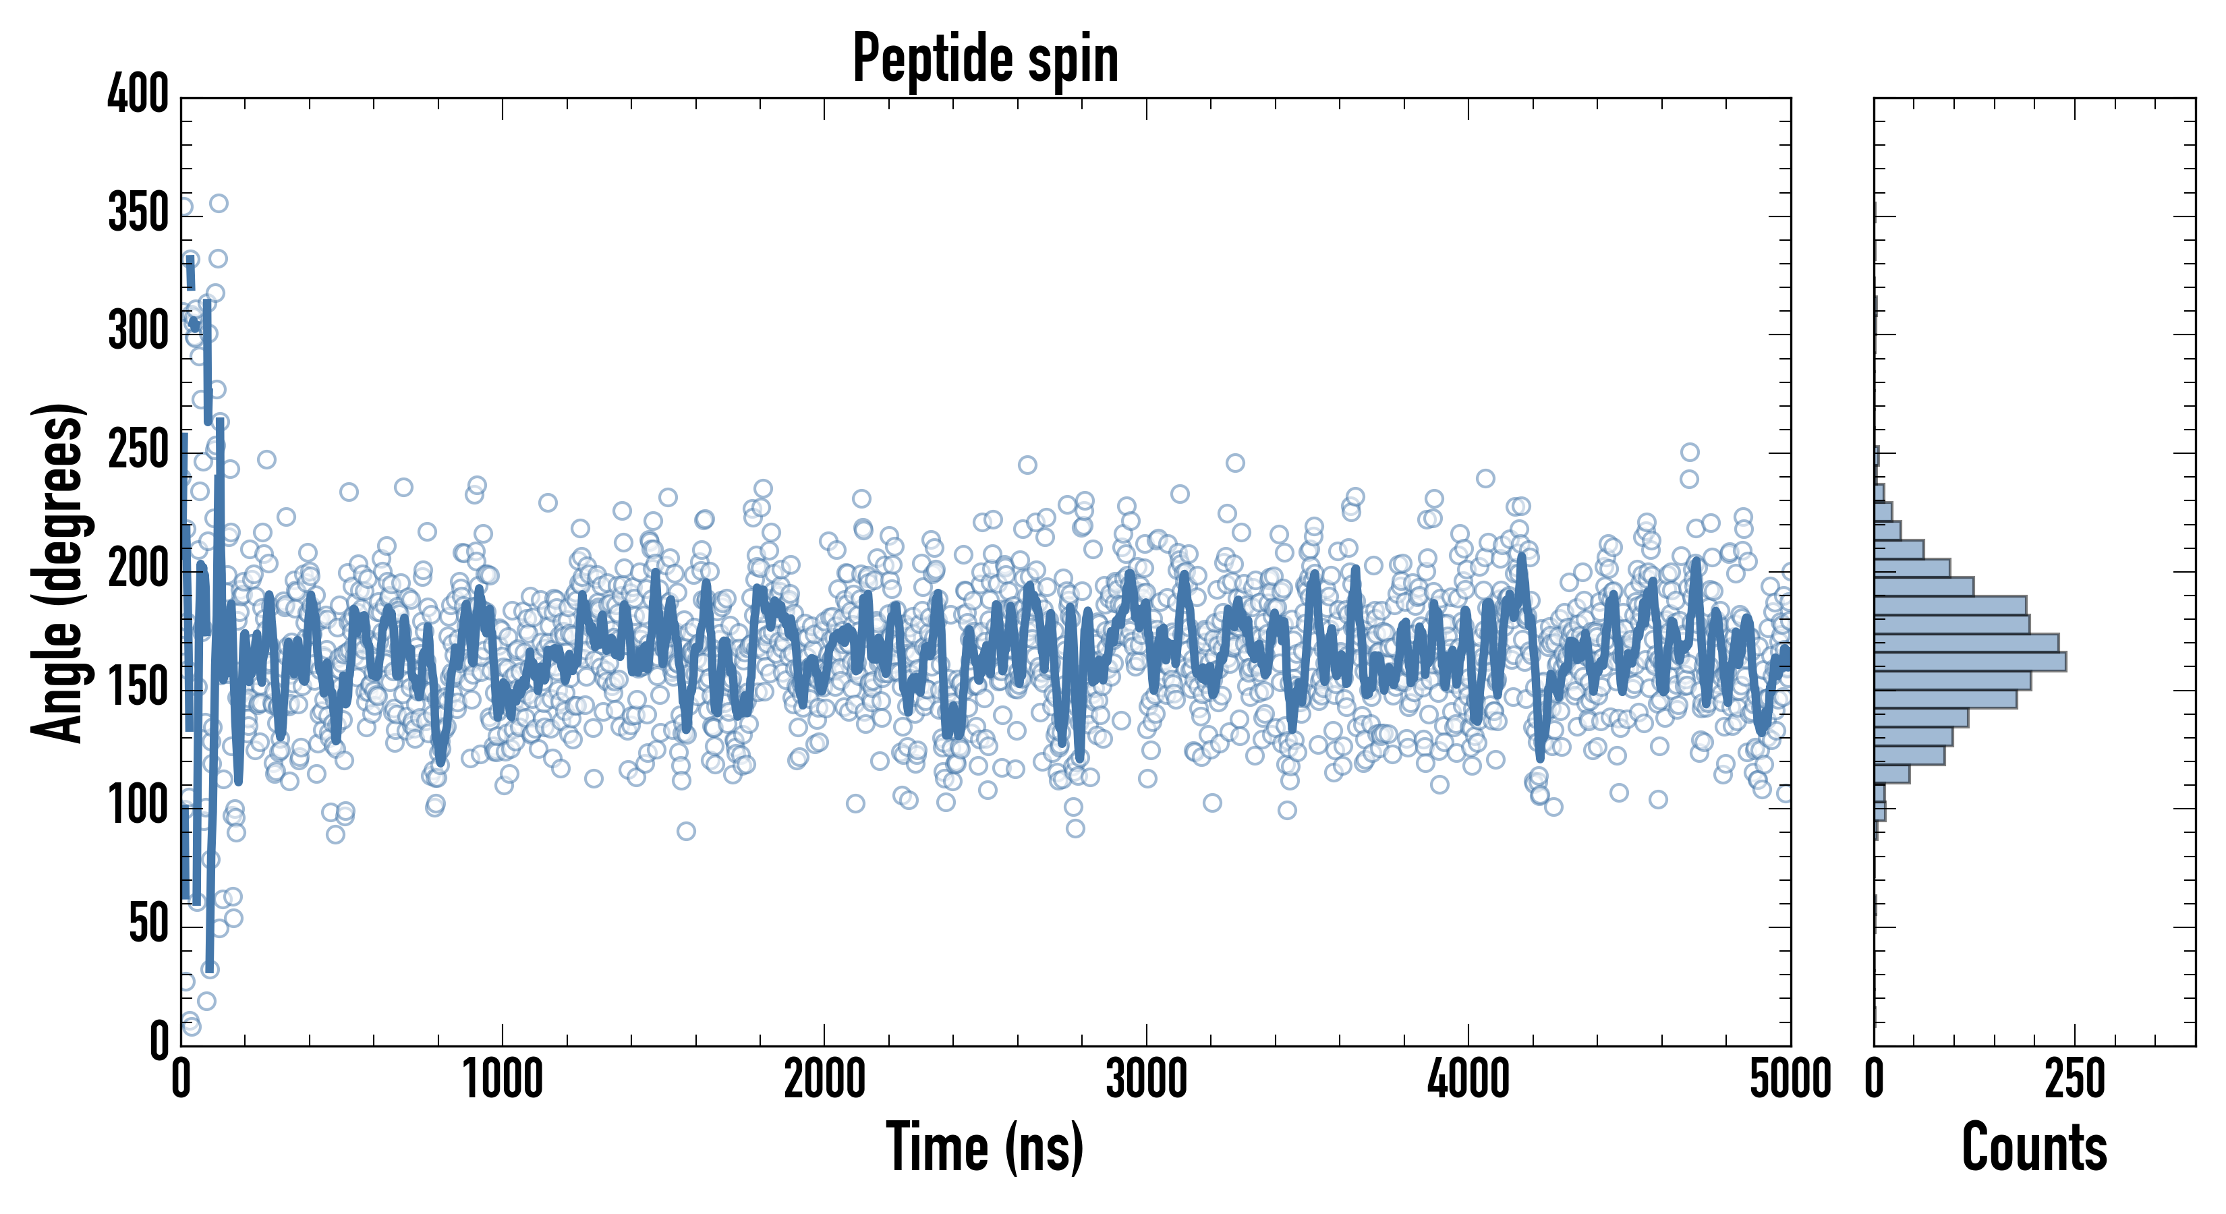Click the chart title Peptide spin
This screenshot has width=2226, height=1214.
point(985,59)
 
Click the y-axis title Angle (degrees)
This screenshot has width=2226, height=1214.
point(58,572)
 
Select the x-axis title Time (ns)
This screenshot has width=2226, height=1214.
point(984,1147)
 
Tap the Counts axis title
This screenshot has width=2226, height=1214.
point(2034,1147)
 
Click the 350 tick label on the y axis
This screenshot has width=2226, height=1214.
point(138,212)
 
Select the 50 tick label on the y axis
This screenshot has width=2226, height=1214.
point(148,924)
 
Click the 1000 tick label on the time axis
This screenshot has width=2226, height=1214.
point(503,1080)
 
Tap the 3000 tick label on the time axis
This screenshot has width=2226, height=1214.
point(1147,1080)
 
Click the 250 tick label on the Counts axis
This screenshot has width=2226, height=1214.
point(2074,1080)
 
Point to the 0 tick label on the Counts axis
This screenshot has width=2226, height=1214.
point(1875,1080)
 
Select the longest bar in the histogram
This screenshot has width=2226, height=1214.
point(1970,662)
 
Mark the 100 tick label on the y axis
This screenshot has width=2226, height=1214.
point(138,805)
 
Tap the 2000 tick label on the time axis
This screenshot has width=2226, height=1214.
point(824,1080)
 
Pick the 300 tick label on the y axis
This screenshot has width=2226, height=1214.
point(138,331)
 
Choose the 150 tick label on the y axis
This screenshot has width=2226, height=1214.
point(138,687)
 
